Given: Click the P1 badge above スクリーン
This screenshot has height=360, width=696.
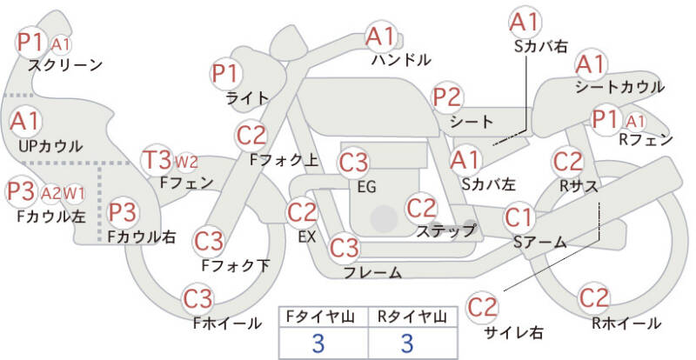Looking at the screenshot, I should point(32,41).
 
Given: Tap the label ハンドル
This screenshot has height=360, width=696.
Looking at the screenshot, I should point(400,61).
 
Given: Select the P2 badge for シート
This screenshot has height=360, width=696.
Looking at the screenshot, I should point(447,97).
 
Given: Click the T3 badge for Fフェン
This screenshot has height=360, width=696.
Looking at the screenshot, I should point(157,160).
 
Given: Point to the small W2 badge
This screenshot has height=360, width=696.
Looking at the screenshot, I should point(186,162).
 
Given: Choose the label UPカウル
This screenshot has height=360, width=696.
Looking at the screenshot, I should point(50,145).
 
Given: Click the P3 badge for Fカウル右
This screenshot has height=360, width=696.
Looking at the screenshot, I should point(124,211).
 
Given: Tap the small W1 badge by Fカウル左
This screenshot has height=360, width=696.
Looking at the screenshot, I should point(76,192).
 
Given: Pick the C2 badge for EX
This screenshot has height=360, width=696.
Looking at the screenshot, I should point(302,211).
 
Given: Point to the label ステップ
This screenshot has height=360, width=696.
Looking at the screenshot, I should point(445,230).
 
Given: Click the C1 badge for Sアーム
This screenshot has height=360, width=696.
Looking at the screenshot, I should point(521,216).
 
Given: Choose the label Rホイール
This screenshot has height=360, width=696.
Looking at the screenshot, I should point(626,324).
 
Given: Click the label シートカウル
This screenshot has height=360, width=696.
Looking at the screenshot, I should point(619,87).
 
